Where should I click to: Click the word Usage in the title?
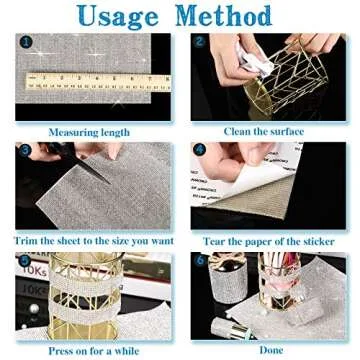point(118,15)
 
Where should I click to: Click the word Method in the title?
point(223,15)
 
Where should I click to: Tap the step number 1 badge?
point(26,42)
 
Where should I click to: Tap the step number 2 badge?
point(199,42)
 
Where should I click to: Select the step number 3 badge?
point(25,150)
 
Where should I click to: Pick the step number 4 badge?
point(199,150)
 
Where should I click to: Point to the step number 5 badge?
point(24,260)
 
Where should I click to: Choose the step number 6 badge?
point(200,260)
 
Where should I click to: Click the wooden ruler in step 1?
point(98,82)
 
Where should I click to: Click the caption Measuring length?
point(89,132)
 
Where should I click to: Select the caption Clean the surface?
point(264,131)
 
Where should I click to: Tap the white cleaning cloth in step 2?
point(254,61)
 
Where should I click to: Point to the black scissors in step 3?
point(77,161)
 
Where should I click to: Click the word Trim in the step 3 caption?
point(25,241)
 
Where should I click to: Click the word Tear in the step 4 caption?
point(215,241)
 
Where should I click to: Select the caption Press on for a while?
point(94,351)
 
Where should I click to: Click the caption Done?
point(271,350)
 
